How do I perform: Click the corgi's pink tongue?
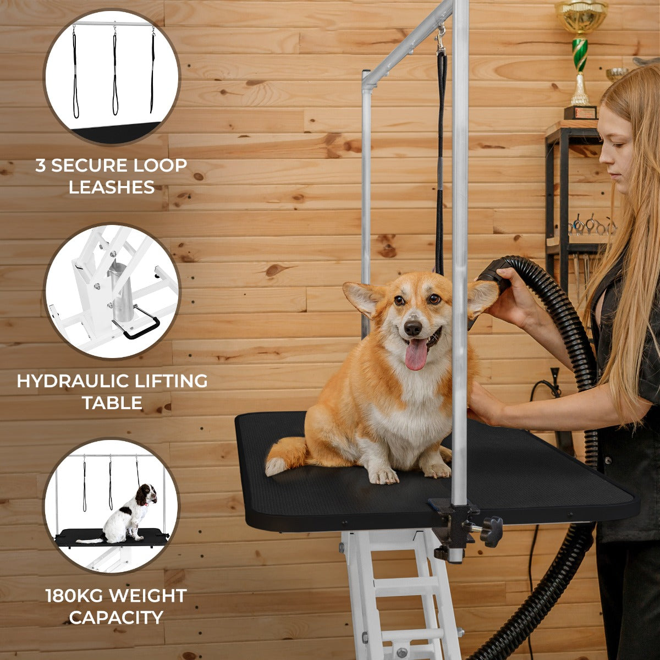416,354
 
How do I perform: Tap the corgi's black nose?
413,328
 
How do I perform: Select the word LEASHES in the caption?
112,188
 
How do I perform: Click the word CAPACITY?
116,618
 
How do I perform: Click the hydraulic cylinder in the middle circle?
121,291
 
